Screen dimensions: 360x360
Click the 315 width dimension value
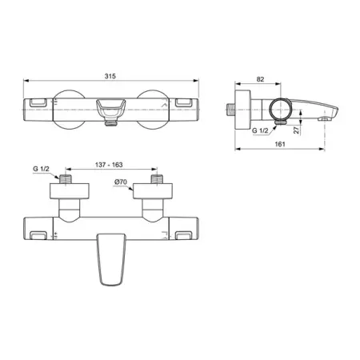pyautogui.click(x=110, y=75)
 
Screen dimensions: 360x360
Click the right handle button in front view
pyautogui.click(x=182, y=103)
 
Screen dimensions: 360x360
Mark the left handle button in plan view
pyautogui.click(x=38, y=234)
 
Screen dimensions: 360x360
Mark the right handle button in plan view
pyautogui.click(x=183, y=234)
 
